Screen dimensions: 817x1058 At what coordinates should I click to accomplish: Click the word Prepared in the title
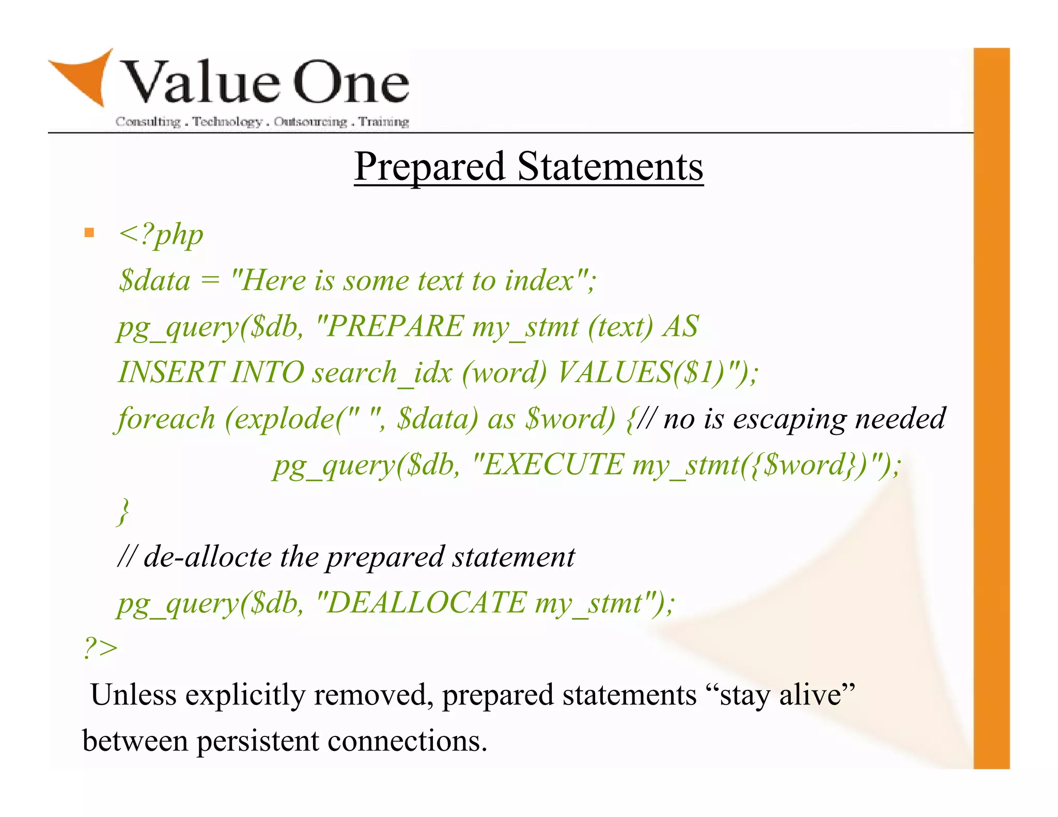click(429, 166)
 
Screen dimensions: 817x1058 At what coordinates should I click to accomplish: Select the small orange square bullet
click(89, 233)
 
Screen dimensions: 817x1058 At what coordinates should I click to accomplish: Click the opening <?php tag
click(161, 235)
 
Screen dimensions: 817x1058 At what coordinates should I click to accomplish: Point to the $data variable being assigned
click(154, 281)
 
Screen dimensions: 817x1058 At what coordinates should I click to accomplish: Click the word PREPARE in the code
click(395, 326)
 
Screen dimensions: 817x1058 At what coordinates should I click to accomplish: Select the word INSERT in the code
click(171, 372)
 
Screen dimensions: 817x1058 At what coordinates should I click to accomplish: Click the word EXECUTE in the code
click(553, 464)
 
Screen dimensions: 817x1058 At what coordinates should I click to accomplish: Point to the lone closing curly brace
click(123, 511)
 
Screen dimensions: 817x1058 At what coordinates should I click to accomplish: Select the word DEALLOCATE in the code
click(427, 602)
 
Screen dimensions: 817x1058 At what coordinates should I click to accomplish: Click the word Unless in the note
click(133, 695)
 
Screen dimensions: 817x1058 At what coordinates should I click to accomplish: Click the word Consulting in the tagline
click(148, 122)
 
